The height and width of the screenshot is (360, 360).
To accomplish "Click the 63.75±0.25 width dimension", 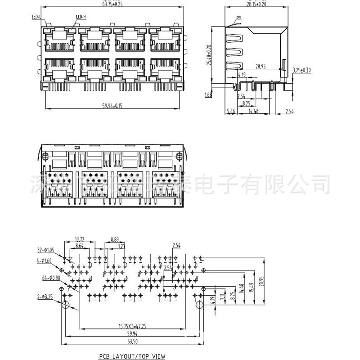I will [x=107, y=4].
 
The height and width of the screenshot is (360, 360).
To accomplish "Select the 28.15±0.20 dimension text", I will [x=256, y=4].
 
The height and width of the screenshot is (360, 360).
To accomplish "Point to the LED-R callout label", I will [x=81, y=17].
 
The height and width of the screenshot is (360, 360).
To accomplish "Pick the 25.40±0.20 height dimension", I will [x=208, y=55].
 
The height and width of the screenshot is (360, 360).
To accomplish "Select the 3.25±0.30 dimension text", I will [x=301, y=70].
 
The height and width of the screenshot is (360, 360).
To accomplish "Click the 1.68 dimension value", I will [x=208, y=95].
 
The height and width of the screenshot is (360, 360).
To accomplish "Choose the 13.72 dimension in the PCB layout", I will [x=79, y=239].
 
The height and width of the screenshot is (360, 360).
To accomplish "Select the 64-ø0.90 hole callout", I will [x=51, y=277].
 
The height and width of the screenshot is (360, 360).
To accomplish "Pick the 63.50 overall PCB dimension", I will [x=132, y=342].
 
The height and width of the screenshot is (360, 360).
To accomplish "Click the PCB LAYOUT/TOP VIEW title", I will [x=132, y=356].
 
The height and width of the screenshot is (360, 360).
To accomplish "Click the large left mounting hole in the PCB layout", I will [x=66, y=305].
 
